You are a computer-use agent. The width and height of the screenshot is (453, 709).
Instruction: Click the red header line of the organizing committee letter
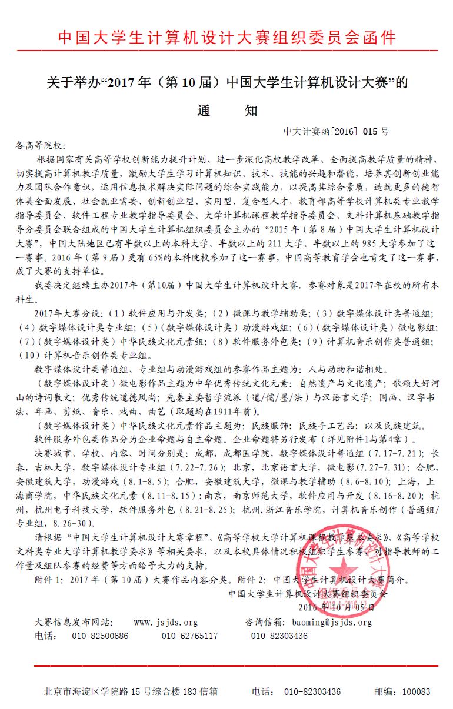point(226,38)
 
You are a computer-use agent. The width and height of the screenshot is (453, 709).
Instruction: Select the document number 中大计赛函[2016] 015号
point(336,132)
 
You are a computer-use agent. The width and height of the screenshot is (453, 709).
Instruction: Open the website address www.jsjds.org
point(166,622)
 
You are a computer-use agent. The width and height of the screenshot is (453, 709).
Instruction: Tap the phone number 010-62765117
point(189,636)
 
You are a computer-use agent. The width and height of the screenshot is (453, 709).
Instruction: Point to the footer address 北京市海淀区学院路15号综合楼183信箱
point(131,692)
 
